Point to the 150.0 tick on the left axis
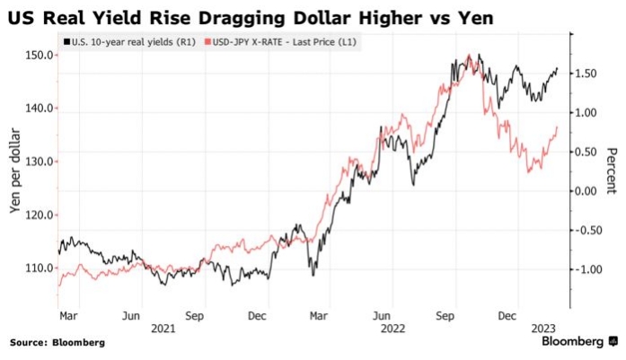40,55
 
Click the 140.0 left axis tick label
40,108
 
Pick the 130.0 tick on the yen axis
40,162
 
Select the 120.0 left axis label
40,215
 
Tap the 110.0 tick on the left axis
40,268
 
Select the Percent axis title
611,171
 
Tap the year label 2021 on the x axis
163,329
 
